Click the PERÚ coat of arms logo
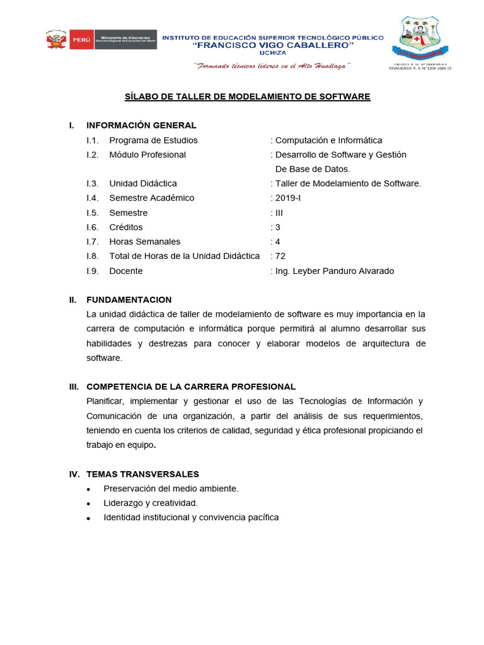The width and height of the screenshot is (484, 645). coord(56,40)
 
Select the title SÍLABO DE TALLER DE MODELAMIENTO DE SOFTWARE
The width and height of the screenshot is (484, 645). coord(247,96)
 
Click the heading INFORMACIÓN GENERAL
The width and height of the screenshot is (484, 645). coord(141,125)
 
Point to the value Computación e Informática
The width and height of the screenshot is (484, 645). coord(328,140)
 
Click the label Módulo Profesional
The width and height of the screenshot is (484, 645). coord(147,155)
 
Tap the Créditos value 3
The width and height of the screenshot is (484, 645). coord(278,227)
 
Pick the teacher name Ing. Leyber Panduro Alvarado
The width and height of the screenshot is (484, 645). coord(334,271)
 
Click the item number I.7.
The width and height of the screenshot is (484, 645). coord(93,242)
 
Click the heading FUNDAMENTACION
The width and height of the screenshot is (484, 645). coord(129,300)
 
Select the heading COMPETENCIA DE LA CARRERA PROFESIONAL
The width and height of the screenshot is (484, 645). coord(190,387)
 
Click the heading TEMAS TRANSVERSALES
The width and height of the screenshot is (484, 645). coord(142,474)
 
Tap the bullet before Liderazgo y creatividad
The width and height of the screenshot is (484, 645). coord(89,504)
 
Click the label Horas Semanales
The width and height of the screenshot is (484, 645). coord(144,242)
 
